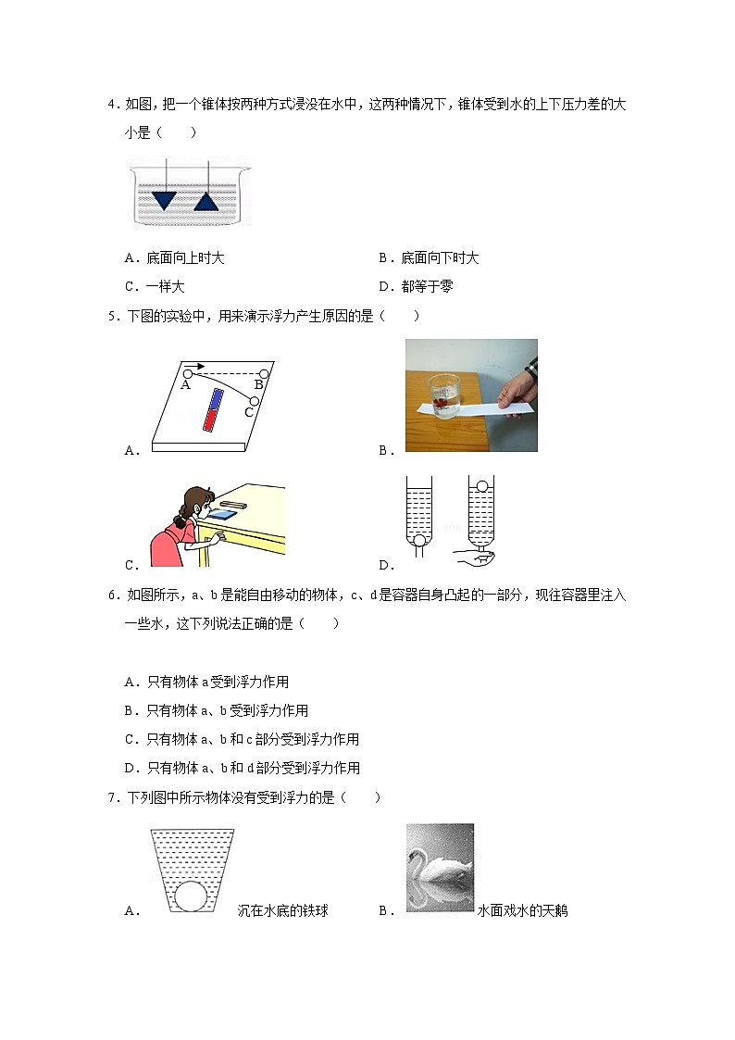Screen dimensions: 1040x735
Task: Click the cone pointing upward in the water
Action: coord(206,199)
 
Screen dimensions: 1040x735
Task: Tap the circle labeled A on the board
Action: coord(187,373)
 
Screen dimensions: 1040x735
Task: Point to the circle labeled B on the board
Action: coord(263,372)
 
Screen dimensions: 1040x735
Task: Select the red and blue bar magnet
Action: coord(213,410)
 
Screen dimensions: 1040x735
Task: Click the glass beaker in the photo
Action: coord(444,395)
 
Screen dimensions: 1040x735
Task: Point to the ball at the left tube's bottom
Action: coord(419,542)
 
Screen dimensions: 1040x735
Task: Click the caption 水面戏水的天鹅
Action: coord(522,911)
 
